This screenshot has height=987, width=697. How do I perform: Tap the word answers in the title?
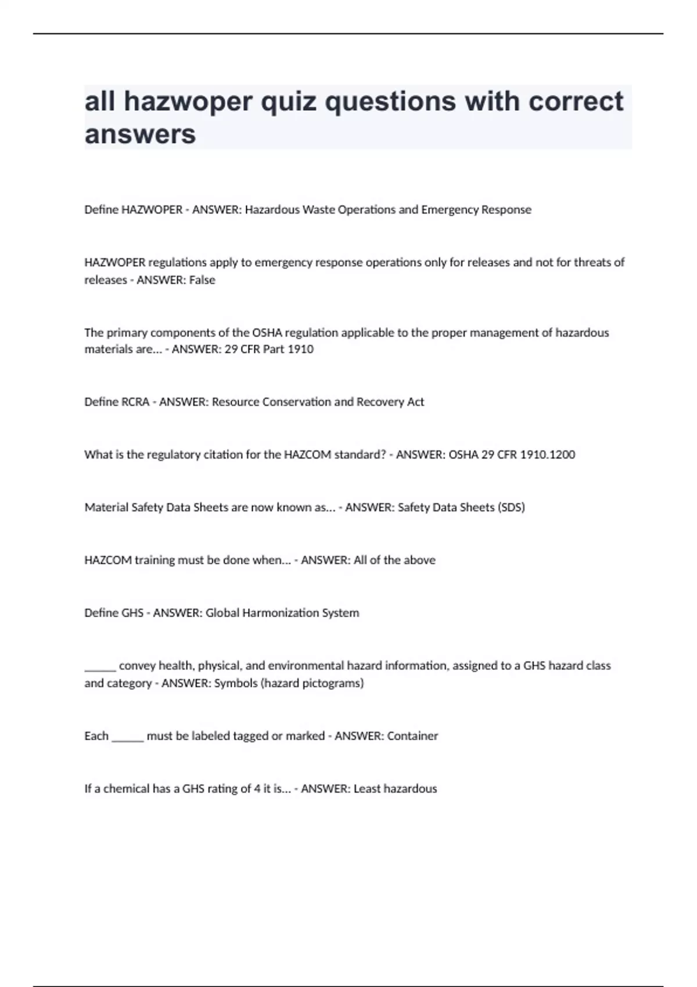(140, 135)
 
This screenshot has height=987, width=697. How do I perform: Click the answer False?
(202, 280)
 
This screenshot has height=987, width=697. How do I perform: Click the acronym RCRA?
(135, 402)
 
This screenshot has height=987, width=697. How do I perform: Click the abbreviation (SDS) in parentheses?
(511, 507)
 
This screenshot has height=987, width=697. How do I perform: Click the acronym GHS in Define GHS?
(132, 613)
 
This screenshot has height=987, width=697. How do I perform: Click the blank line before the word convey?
(100, 668)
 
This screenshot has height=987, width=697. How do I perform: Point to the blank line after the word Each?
(127, 738)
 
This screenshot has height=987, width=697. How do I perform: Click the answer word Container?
(412, 736)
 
